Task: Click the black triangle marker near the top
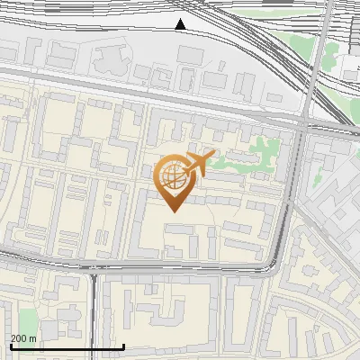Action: tap(181, 24)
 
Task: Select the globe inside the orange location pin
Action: tap(172, 175)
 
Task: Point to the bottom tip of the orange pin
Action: tap(172, 211)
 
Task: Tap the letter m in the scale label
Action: tap(33, 338)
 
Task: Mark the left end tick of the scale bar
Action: tap(10, 346)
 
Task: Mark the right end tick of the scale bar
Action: tap(123, 346)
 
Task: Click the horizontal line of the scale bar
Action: tap(67, 347)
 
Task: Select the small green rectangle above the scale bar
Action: tap(28, 321)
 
